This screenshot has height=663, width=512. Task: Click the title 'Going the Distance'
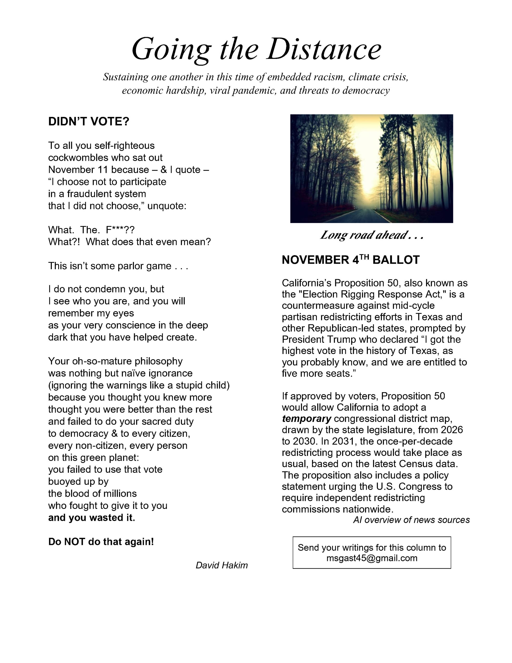tap(256, 49)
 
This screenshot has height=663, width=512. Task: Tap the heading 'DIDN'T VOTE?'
tap(89, 122)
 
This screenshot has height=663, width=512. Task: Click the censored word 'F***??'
tap(120, 230)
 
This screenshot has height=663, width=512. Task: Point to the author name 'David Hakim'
tap(222, 565)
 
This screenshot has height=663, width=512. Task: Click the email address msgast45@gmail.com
tap(372, 558)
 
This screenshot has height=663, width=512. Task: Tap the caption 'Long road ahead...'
tap(371, 235)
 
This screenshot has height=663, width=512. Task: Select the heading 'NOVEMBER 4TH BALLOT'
tap(350, 260)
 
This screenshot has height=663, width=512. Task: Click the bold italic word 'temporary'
tap(306, 419)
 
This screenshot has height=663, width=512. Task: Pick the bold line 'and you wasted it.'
tap(92, 518)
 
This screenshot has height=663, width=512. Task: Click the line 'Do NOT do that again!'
tap(101, 542)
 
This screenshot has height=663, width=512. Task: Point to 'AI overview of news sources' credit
tap(411, 520)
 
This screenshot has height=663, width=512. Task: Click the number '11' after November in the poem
tap(104, 170)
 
